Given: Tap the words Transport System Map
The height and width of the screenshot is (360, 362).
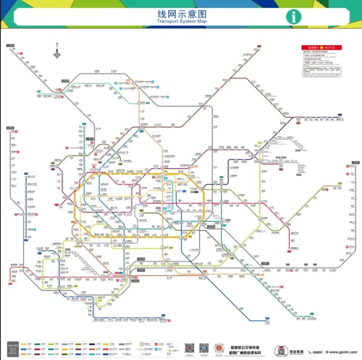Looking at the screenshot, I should coord(181,22).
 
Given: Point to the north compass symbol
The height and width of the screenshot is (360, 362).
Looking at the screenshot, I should coord(57,54).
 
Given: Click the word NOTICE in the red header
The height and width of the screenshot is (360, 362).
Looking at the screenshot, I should coord(333,47).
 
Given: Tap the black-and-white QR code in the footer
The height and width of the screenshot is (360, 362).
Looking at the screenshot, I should coord(189,349).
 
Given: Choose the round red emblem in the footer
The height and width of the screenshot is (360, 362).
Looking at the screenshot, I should coord(221,349).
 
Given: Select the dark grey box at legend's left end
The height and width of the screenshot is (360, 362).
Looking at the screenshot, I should coord(12,349).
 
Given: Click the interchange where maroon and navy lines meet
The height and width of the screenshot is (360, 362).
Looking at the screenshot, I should coord(282,125).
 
